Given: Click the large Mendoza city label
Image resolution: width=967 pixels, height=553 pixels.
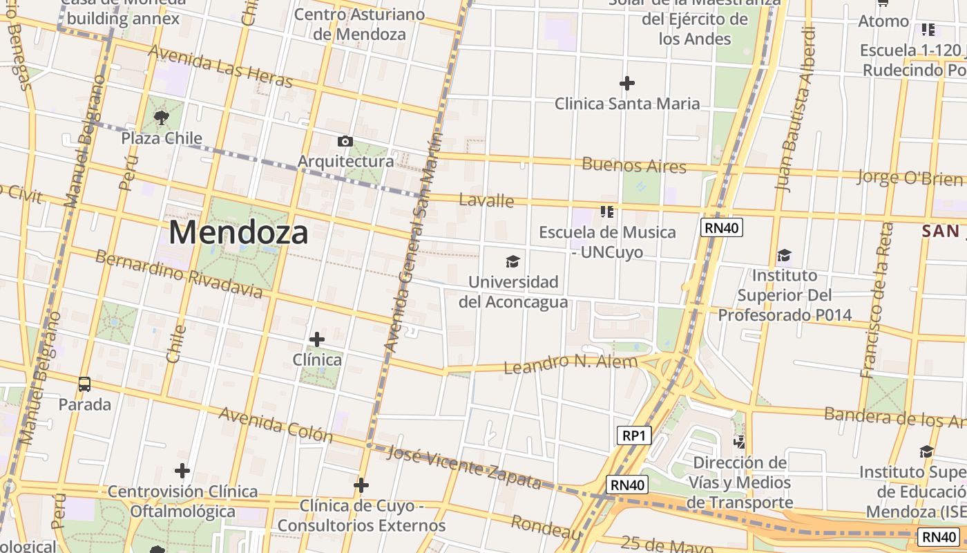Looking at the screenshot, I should pyautogui.click(x=238, y=232).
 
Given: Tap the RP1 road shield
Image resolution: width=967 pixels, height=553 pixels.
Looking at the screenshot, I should pyautogui.click(x=633, y=435).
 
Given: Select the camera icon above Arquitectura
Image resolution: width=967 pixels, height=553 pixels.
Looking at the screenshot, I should pyautogui.click(x=345, y=142).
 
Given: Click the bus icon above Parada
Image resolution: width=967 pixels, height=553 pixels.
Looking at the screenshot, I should pyautogui.click(x=84, y=384).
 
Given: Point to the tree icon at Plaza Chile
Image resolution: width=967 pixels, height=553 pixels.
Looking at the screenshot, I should pyautogui.click(x=162, y=118).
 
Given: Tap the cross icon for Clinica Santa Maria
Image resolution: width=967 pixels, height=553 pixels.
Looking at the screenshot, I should pyautogui.click(x=627, y=84).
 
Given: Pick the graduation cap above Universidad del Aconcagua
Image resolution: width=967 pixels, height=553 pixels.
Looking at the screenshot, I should pyautogui.click(x=513, y=261).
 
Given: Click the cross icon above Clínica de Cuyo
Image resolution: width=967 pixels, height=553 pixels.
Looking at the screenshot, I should pyautogui.click(x=361, y=485).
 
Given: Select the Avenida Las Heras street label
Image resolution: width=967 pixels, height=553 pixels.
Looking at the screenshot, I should pyautogui.click(x=220, y=67).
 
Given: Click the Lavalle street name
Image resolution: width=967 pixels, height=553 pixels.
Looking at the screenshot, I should pyautogui.click(x=486, y=200).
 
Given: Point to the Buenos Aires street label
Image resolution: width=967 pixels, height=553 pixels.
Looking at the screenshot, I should pyautogui.click(x=634, y=165).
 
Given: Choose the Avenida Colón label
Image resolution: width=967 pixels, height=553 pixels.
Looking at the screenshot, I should pyautogui.click(x=276, y=424).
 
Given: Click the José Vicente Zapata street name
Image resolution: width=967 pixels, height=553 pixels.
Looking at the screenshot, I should pyautogui.click(x=463, y=467).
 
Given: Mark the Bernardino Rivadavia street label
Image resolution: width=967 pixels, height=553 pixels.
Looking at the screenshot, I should pyautogui.click(x=178, y=274).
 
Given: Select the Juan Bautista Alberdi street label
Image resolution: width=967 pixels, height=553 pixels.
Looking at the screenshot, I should pyautogui.click(x=796, y=109).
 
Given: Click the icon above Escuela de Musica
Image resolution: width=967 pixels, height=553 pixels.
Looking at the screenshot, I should pyautogui.click(x=607, y=212).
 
